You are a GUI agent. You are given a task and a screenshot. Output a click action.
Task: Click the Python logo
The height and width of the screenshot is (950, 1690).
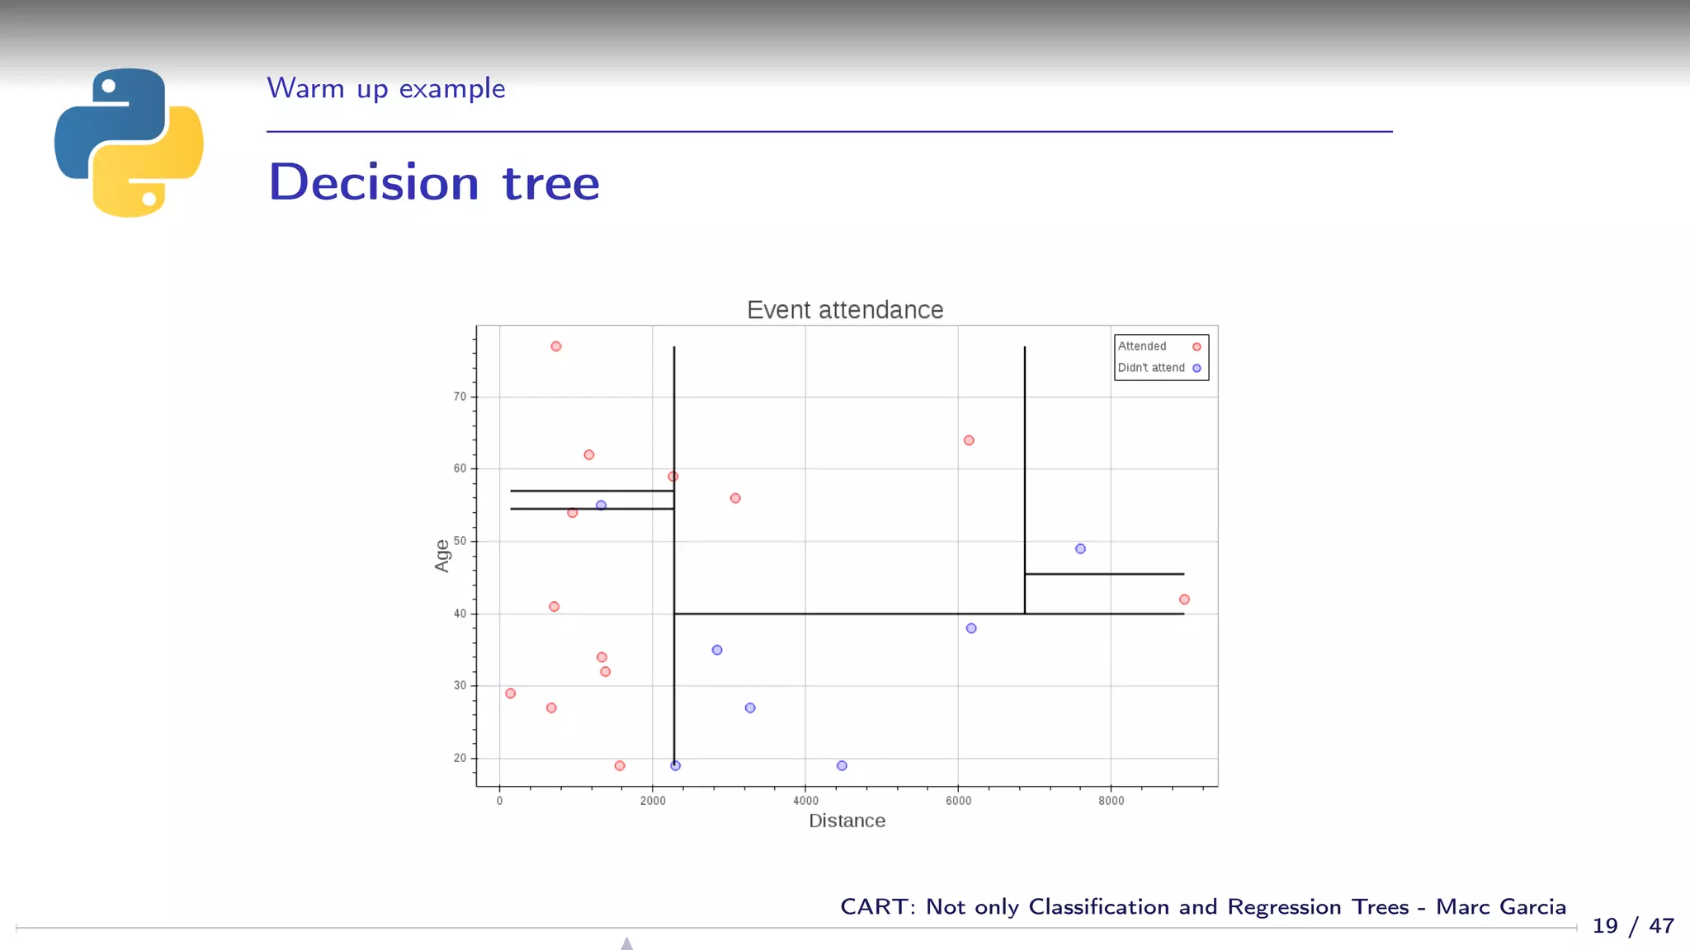129,142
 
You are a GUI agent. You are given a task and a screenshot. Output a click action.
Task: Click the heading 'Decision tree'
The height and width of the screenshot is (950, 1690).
434,182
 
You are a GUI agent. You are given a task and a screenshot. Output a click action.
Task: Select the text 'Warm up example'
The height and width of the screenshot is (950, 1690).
385,88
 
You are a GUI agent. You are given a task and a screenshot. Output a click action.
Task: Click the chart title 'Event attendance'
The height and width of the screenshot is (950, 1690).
844,310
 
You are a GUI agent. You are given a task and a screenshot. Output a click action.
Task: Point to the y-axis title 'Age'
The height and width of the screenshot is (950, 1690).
442,555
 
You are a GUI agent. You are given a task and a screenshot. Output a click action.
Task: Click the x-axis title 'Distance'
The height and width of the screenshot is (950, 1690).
847,821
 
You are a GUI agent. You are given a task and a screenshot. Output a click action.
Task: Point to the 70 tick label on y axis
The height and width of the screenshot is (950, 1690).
460,397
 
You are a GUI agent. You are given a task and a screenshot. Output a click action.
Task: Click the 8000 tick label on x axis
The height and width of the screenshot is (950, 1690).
1111,801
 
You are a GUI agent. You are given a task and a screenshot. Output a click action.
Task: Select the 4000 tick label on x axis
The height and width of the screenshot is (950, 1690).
805,801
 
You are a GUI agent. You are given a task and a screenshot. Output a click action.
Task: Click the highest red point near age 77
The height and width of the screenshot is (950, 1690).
556,346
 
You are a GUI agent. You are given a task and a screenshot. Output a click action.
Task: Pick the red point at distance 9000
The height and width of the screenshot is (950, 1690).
1184,600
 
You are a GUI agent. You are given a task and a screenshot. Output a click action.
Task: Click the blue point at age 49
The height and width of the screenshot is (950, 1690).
1080,548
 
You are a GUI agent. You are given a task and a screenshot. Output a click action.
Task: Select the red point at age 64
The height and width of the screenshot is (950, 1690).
969,440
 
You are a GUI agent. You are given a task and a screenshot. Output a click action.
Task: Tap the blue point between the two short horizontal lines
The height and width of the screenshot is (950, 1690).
601,506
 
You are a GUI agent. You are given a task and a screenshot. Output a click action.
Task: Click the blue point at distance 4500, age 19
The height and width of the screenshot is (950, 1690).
842,766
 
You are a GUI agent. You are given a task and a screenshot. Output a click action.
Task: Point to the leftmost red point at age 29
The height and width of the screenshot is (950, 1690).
510,694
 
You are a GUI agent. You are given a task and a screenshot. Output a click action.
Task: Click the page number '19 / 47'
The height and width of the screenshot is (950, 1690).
1632,926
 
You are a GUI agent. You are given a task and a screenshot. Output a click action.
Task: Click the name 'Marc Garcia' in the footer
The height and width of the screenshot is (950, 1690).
1500,906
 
